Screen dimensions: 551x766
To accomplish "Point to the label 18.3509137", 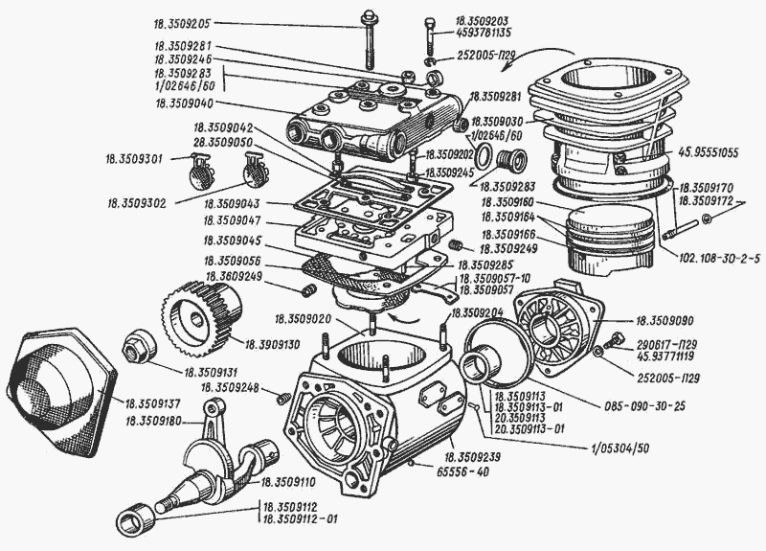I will (x=156, y=405).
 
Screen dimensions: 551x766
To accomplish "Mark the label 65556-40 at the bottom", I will (x=470, y=473).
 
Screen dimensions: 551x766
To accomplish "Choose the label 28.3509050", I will (x=223, y=142).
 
